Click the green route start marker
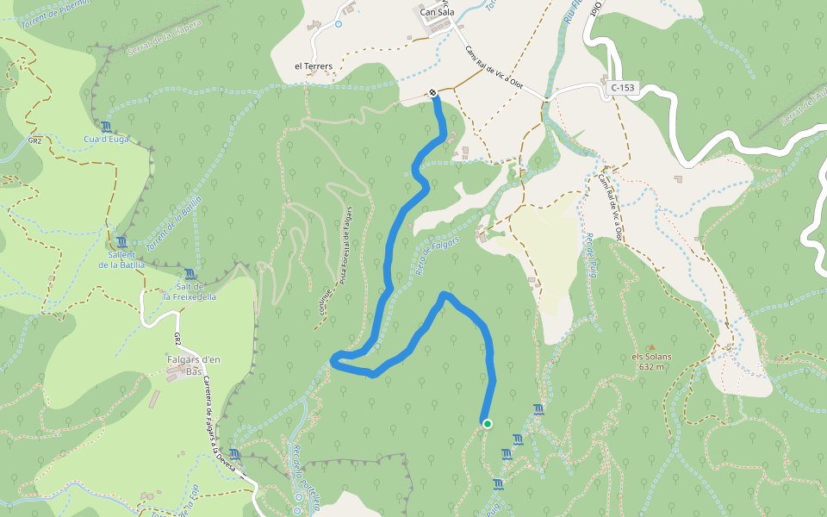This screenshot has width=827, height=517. coord(488,423)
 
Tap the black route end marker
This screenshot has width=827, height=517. coord(432,93)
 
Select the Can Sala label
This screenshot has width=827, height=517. coord(437,12)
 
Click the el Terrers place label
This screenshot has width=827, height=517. coord(314,65)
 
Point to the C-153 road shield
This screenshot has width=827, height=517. coord(622,88)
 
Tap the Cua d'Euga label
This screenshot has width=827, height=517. coord(105,139)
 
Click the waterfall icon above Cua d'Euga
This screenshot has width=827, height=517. coord(105,127)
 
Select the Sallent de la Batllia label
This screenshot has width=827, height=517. coord(121,259)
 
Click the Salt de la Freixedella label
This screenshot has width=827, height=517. coord(190,291)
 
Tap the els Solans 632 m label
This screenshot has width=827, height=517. coord(651,361)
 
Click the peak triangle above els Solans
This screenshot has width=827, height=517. coord(651,346)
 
